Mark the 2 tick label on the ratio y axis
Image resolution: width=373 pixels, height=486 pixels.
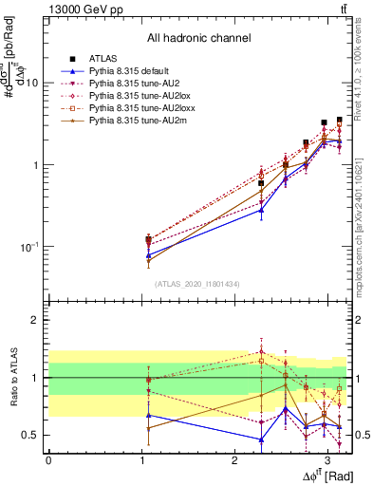point(34,321)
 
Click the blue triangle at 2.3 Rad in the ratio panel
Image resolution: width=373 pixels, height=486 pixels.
point(261,439)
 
